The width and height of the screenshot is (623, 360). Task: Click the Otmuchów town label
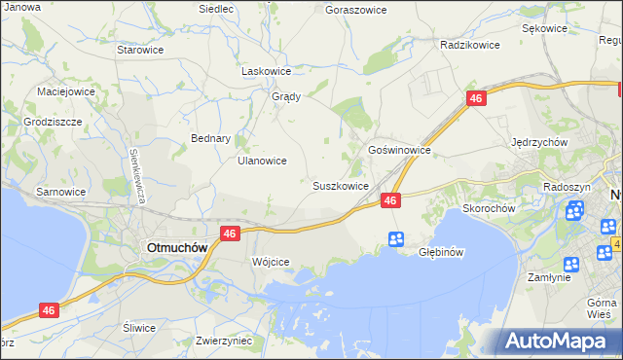(x=176, y=247)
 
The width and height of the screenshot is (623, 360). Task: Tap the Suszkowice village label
(x=340, y=185)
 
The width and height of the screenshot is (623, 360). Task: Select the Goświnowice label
(x=399, y=151)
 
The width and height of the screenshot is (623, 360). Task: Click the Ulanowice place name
(x=262, y=162)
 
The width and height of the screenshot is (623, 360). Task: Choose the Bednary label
(x=210, y=138)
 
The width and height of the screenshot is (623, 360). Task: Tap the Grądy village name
(x=285, y=96)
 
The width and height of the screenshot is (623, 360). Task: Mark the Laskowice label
(x=266, y=71)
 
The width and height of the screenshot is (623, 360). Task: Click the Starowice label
(x=138, y=49)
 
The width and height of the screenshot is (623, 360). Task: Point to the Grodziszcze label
(x=54, y=123)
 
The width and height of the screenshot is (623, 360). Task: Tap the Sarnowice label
(x=60, y=192)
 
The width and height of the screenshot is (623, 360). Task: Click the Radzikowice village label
(x=469, y=45)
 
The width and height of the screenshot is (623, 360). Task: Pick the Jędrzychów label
(x=539, y=141)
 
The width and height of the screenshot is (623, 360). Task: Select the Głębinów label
(x=438, y=252)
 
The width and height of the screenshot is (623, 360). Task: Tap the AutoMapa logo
(x=562, y=341)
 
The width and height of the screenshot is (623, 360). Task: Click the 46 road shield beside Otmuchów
(x=230, y=234)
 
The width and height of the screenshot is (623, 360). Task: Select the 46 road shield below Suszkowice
(x=390, y=199)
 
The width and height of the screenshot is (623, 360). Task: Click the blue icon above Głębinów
(x=396, y=238)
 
